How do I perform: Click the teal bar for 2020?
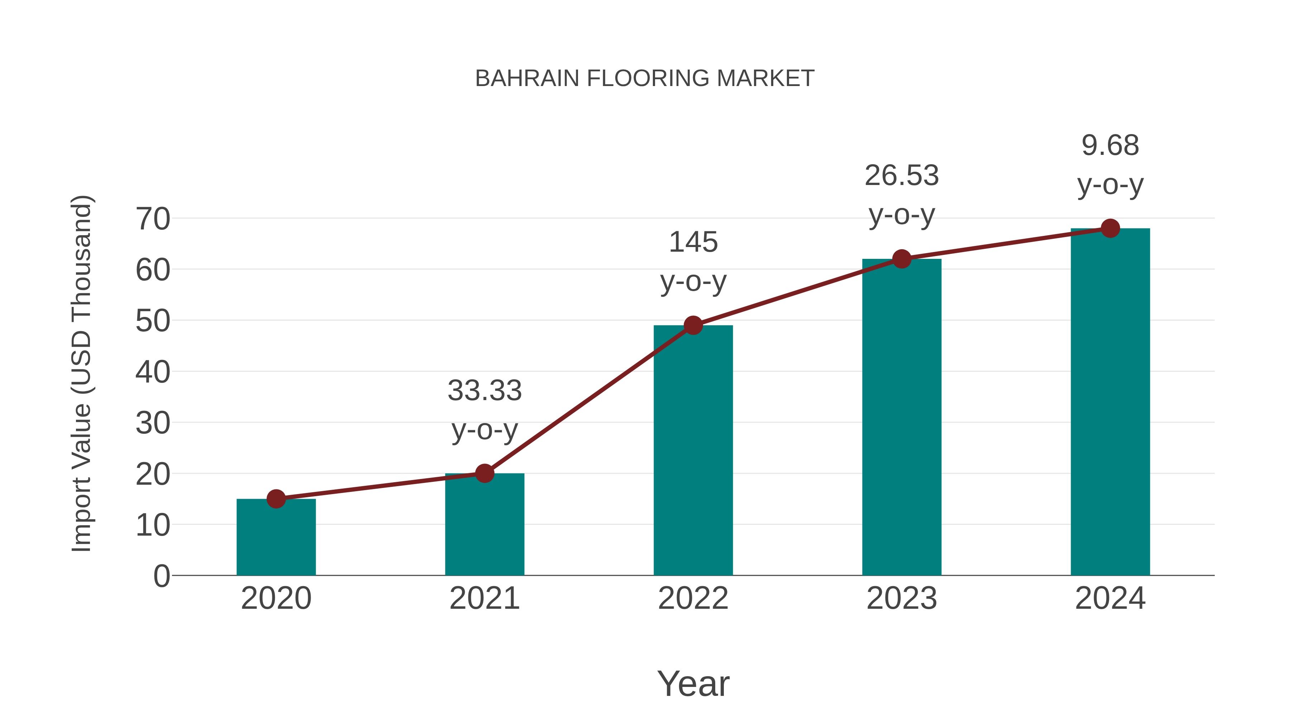tap(276, 538)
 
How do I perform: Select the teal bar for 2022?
tap(693, 451)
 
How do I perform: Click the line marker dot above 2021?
tap(484, 473)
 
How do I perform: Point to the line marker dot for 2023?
tap(902, 259)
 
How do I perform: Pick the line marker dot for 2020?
tap(276, 499)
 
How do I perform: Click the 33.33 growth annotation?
tap(484, 391)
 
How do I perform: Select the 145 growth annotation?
tap(693, 242)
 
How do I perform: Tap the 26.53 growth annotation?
tap(902, 176)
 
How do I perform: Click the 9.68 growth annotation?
tap(1110, 146)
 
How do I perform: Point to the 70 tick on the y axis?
tap(153, 219)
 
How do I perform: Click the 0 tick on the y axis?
tap(161, 576)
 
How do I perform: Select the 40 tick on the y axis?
tap(153, 372)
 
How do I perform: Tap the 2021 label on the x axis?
tap(484, 598)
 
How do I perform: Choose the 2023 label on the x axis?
tap(902, 598)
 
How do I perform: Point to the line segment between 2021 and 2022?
tap(589, 399)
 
